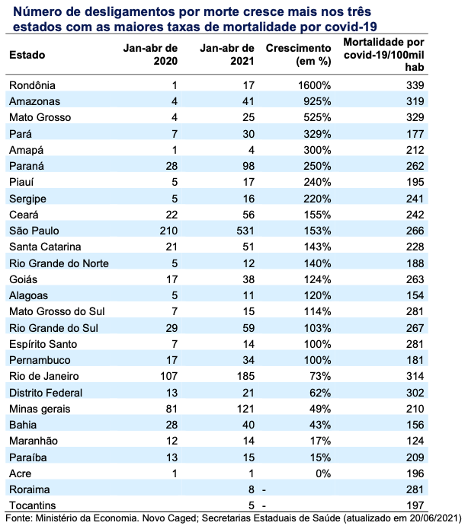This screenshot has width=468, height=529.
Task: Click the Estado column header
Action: [x=27, y=55]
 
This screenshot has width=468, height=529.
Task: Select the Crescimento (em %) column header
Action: [x=298, y=55]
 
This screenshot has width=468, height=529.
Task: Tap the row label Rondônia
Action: [x=32, y=85]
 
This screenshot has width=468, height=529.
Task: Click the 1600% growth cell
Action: [x=314, y=85]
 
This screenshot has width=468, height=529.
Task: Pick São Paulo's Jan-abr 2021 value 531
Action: [x=245, y=231]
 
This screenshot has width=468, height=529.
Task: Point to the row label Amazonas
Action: [x=34, y=101]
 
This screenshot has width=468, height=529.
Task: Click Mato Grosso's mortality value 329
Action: [x=415, y=117]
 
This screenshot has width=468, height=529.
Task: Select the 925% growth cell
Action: [x=317, y=101]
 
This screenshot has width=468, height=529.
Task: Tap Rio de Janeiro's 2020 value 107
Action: [x=168, y=376]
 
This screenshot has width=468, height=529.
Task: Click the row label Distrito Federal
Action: [x=46, y=393]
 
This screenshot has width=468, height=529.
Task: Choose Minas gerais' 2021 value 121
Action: [x=245, y=409]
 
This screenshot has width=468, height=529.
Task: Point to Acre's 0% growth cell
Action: [x=323, y=473]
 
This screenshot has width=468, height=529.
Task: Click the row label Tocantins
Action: [x=33, y=505]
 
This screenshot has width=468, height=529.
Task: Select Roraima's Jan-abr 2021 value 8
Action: [x=251, y=489]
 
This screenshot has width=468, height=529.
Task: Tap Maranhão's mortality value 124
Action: [x=415, y=441]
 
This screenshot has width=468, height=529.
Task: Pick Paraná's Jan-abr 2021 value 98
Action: [x=248, y=166]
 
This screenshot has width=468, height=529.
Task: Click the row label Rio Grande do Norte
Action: [x=59, y=263]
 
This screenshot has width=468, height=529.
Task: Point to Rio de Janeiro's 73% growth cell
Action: [x=320, y=376]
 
